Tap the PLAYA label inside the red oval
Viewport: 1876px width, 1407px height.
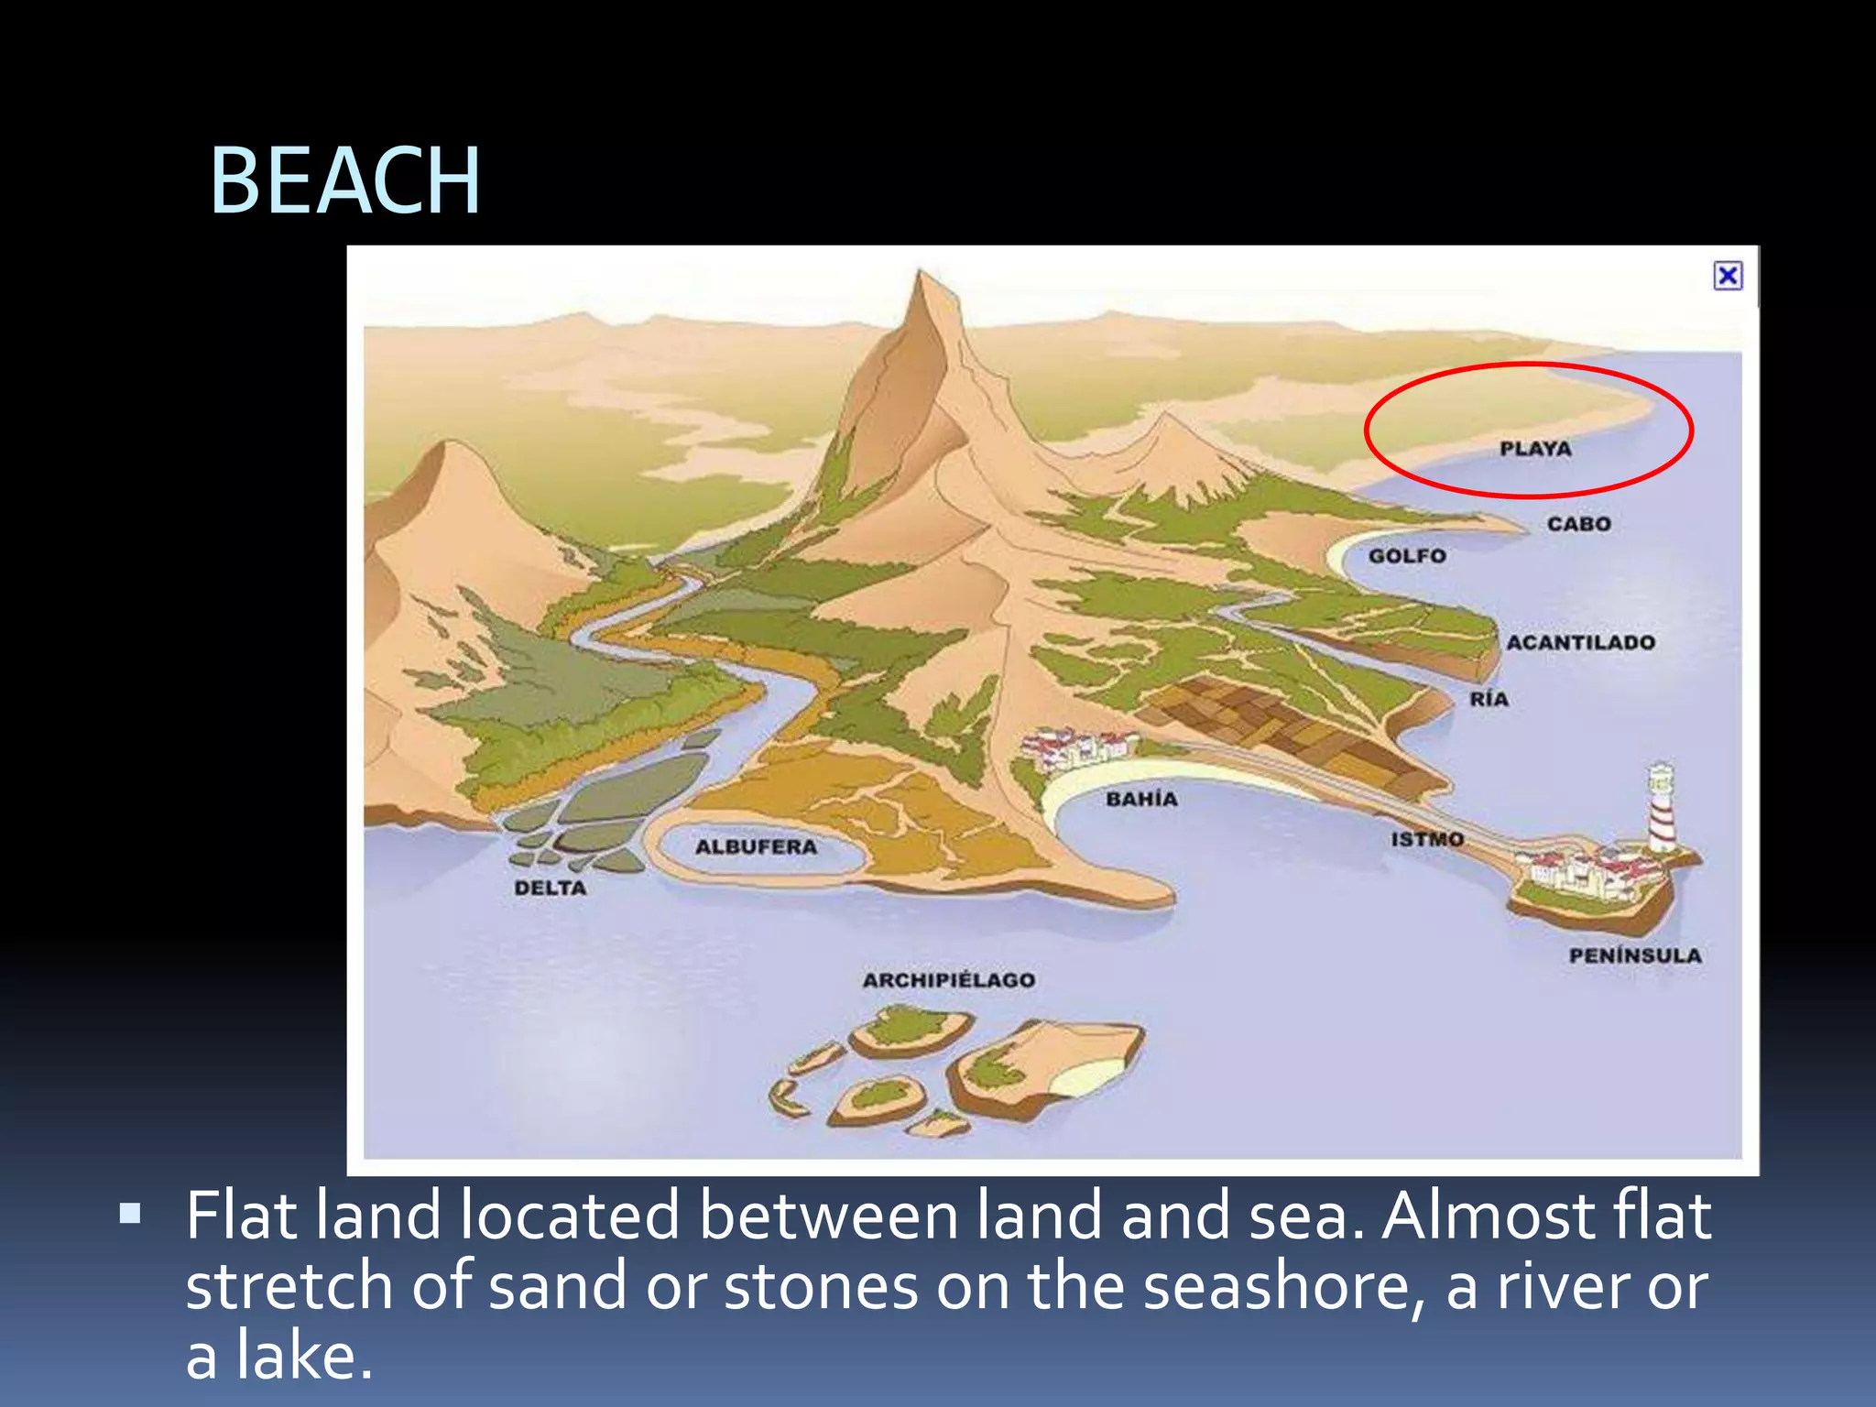click(x=1535, y=449)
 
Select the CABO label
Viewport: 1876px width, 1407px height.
click(x=1578, y=524)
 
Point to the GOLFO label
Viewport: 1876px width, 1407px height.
click(x=1407, y=556)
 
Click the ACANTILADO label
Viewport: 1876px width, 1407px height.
click(x=1580, y=642)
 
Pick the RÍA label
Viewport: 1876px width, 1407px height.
click(x=1489, y=699)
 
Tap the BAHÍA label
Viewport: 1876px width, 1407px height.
click(x=1141, y=799)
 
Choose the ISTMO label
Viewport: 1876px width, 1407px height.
click(x=1426, y=839)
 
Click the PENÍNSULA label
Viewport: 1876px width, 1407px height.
click(x=1634, y=955)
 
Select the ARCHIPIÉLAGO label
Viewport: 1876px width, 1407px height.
click(x=948, y=980)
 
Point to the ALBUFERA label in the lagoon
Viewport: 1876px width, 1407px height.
click(x=756, y=847)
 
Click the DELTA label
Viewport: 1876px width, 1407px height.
click(x=550, y=888)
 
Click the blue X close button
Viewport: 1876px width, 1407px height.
click(x=1728, y=276)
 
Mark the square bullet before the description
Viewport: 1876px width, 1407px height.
click(x=131, y=1215)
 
